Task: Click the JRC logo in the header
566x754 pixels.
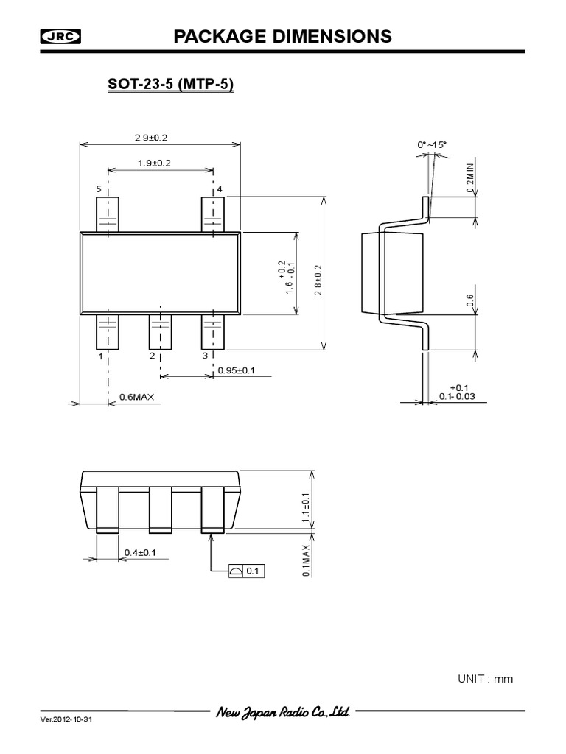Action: (x=61, y=37)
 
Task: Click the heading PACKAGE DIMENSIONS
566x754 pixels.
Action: (x=282, y=37)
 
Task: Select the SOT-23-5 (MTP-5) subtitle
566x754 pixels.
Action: (x=171, y=86)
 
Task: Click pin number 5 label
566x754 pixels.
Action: (x=99, y=189)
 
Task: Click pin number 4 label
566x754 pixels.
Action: (x=219, y=189)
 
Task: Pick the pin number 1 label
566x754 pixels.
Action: (x=99, y=356)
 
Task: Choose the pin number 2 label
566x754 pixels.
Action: (x=152, y=356)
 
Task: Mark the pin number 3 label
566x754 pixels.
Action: (x=204, y=356)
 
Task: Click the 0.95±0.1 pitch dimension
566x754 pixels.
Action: (x=236, y=370)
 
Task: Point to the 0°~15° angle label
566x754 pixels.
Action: (x=432, y=145)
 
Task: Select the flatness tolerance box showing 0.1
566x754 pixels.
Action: (x=246, y=571)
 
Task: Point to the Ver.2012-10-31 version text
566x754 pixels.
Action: (x=67, y=719)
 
